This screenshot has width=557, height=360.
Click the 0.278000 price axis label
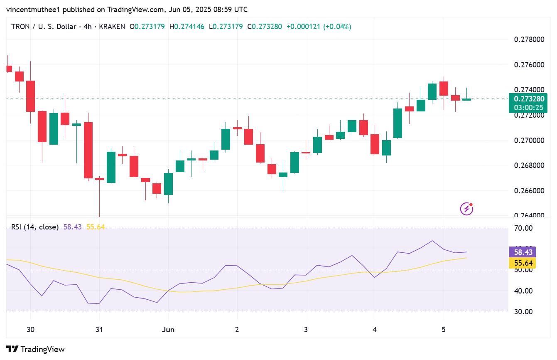529,39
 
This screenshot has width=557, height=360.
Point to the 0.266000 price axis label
529,191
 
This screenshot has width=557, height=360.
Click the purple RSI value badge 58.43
522,252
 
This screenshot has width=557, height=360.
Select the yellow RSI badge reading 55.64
522,263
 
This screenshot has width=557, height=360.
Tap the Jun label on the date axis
168,330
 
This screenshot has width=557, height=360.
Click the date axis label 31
99,330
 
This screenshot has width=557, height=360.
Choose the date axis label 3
306,330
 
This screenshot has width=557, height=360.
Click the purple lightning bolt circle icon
467,208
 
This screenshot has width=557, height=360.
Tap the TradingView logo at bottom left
35,349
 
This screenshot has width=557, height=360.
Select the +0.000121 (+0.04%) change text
319,27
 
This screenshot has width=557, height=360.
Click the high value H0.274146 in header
186,27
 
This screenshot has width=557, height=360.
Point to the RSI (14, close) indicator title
35,227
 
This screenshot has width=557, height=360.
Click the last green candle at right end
467,99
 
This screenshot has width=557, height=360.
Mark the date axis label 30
30,330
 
